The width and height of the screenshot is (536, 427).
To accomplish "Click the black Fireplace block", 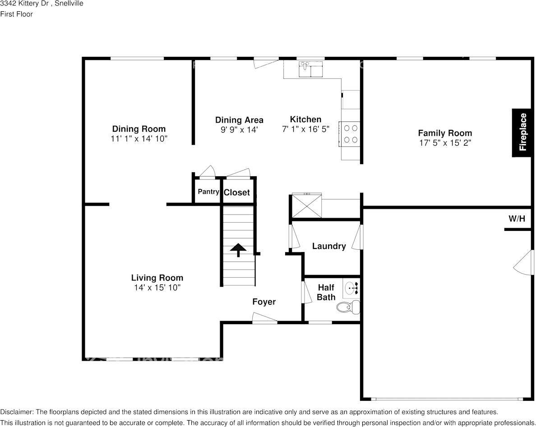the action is (x=522, y=133).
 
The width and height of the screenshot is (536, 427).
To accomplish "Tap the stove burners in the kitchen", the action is (x=350, y=134).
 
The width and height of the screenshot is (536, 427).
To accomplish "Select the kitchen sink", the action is (x=311, y=69).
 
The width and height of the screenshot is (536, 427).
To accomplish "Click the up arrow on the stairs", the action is (x=238, y=250).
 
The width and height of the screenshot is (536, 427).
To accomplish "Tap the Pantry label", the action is (x=208, y=192).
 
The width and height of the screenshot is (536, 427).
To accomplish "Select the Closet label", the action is (x=237, y=193).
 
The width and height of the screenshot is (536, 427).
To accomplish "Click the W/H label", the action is (x=517, y=219).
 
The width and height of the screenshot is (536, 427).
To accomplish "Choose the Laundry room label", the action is (x=329, y=246).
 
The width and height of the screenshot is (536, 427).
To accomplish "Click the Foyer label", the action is (x=264, y=302).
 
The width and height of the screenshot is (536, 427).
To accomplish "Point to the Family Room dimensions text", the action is (x=445, y=143).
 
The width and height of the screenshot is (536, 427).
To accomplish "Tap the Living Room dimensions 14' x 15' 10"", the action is (x=157, y=288).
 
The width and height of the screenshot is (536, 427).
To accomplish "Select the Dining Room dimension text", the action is (x=139, y=139).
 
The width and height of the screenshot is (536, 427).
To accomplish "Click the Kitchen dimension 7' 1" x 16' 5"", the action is (x=305, y=129).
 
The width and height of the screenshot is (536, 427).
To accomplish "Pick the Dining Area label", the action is (x=239, y=120).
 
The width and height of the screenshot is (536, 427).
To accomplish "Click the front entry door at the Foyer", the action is (x=264, y=318).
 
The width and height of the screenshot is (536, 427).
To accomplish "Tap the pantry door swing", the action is (x=207, y=172).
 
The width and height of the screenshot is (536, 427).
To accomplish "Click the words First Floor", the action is (x=16, y=14).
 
